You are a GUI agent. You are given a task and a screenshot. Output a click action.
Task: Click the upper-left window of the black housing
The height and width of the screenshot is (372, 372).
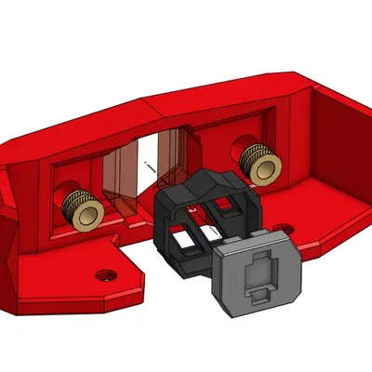(x=195, y=211)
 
